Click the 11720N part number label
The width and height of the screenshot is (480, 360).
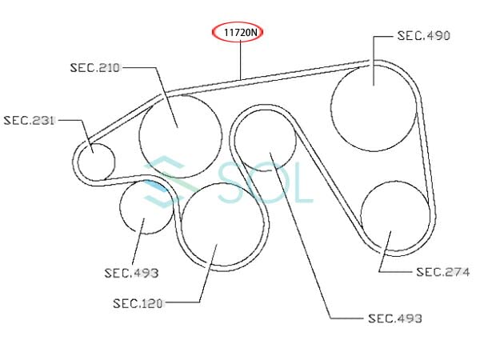[241, 32]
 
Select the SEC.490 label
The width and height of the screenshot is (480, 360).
[424, 36]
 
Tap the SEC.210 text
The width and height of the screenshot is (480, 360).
[94, 68]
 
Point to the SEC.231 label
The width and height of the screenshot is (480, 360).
[29, 120]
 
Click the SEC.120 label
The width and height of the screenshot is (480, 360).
[138, 303]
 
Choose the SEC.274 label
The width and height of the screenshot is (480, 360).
[443, 272]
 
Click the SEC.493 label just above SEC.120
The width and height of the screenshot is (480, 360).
[131, 273]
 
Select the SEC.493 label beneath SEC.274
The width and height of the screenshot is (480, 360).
[395, 318]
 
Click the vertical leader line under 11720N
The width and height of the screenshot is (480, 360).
[241, 60]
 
